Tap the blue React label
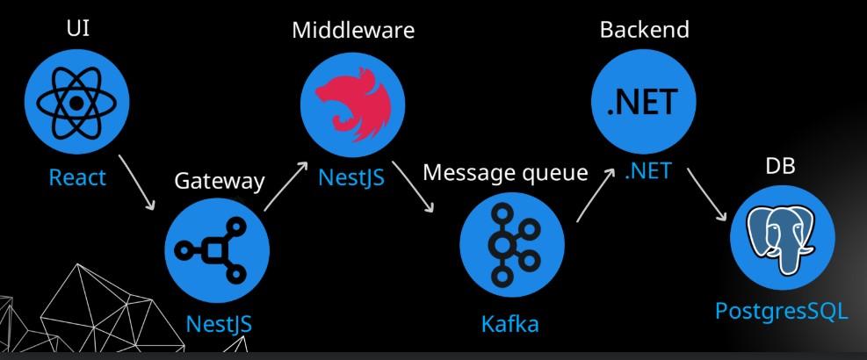pos(77,177)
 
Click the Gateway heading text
pos(219,181)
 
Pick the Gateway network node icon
pos(218,250)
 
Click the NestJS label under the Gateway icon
pos(219,324)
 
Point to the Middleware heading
pos(353,29)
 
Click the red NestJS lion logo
pos(353,102)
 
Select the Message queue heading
pos(505,173)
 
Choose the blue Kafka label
pos(509,324)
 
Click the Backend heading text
pos(644,29)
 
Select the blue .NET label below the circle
pos(647,172)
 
